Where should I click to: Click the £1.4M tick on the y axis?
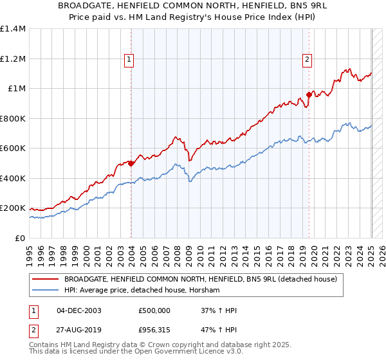pyautogui.click(x=14, y=29)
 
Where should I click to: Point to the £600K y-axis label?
pyautogui.click(x=12, y=148)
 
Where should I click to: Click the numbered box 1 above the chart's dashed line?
pyautogui.click(x=129, y=60)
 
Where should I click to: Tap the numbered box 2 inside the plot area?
pyautogui.click(x=307, y=60)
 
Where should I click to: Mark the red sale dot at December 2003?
pyautogui.click(x=131, y=163)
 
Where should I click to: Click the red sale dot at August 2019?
pyautogui.click(x=309, y=95)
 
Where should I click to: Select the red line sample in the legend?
pyautogui.click(x=46, y=280)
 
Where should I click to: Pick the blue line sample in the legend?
pyautogui.click(x=46, y=291)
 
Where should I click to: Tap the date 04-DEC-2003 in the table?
pyautogui.click(x=79, y=310)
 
